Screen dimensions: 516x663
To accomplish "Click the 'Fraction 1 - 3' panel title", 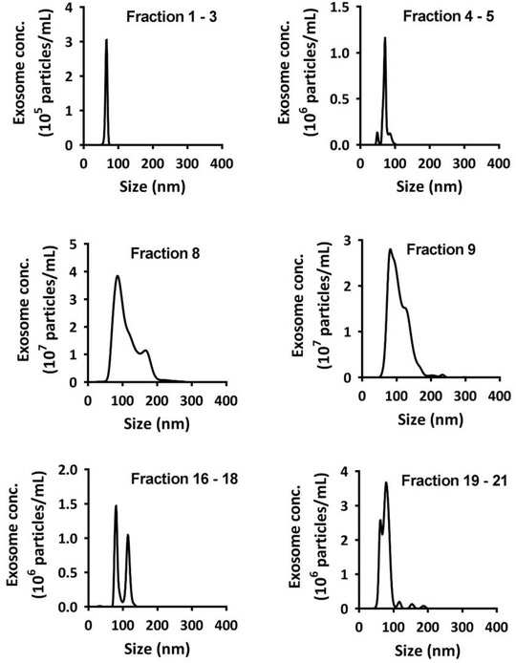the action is [172, 17].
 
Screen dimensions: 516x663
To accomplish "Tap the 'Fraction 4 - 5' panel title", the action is [448, 16].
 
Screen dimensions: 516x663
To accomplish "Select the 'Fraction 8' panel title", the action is [165, 253].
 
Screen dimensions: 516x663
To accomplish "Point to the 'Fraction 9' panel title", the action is [441, 249].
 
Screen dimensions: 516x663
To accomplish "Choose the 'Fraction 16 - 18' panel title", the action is [184, 479].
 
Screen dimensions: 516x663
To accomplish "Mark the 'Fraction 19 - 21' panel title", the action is [454, 481].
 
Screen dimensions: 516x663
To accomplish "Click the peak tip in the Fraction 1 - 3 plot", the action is [106, 40].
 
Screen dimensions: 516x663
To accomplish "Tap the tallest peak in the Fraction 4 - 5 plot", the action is [384, 37].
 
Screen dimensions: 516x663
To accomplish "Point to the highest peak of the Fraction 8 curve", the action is [118, 276].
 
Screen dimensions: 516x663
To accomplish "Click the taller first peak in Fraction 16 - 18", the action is [116, 505].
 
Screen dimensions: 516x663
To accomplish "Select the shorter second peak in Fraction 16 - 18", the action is [127, 535].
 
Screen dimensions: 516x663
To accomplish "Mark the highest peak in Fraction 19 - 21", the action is [386, 482].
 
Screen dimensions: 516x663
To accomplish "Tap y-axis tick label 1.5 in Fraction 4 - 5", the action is [340, 8].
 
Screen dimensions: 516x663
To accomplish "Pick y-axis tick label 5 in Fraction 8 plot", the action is [74, 244].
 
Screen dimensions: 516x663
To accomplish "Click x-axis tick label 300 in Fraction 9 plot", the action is [464, 396].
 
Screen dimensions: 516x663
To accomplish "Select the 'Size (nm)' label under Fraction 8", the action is [157, 423].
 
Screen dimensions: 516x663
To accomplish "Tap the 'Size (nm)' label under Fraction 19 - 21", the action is [427, 650].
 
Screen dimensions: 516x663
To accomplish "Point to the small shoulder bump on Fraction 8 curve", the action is [146, 351].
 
